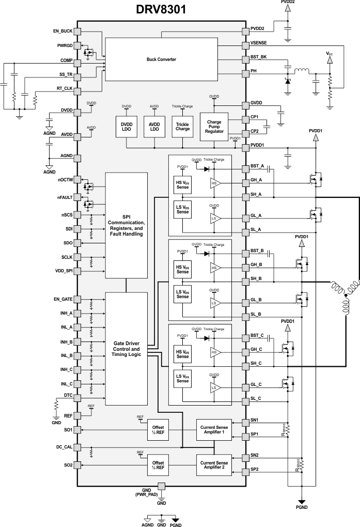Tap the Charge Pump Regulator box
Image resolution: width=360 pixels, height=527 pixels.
coord(214,127)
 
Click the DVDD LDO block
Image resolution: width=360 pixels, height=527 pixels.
coord(127,127)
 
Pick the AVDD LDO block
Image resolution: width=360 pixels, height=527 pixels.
coord(154,127)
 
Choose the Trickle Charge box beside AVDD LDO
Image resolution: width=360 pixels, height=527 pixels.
coord(182,127)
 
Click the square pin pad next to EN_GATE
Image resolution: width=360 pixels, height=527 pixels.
coord(77,299)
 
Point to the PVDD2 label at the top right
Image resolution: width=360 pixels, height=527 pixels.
coord(288,3)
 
